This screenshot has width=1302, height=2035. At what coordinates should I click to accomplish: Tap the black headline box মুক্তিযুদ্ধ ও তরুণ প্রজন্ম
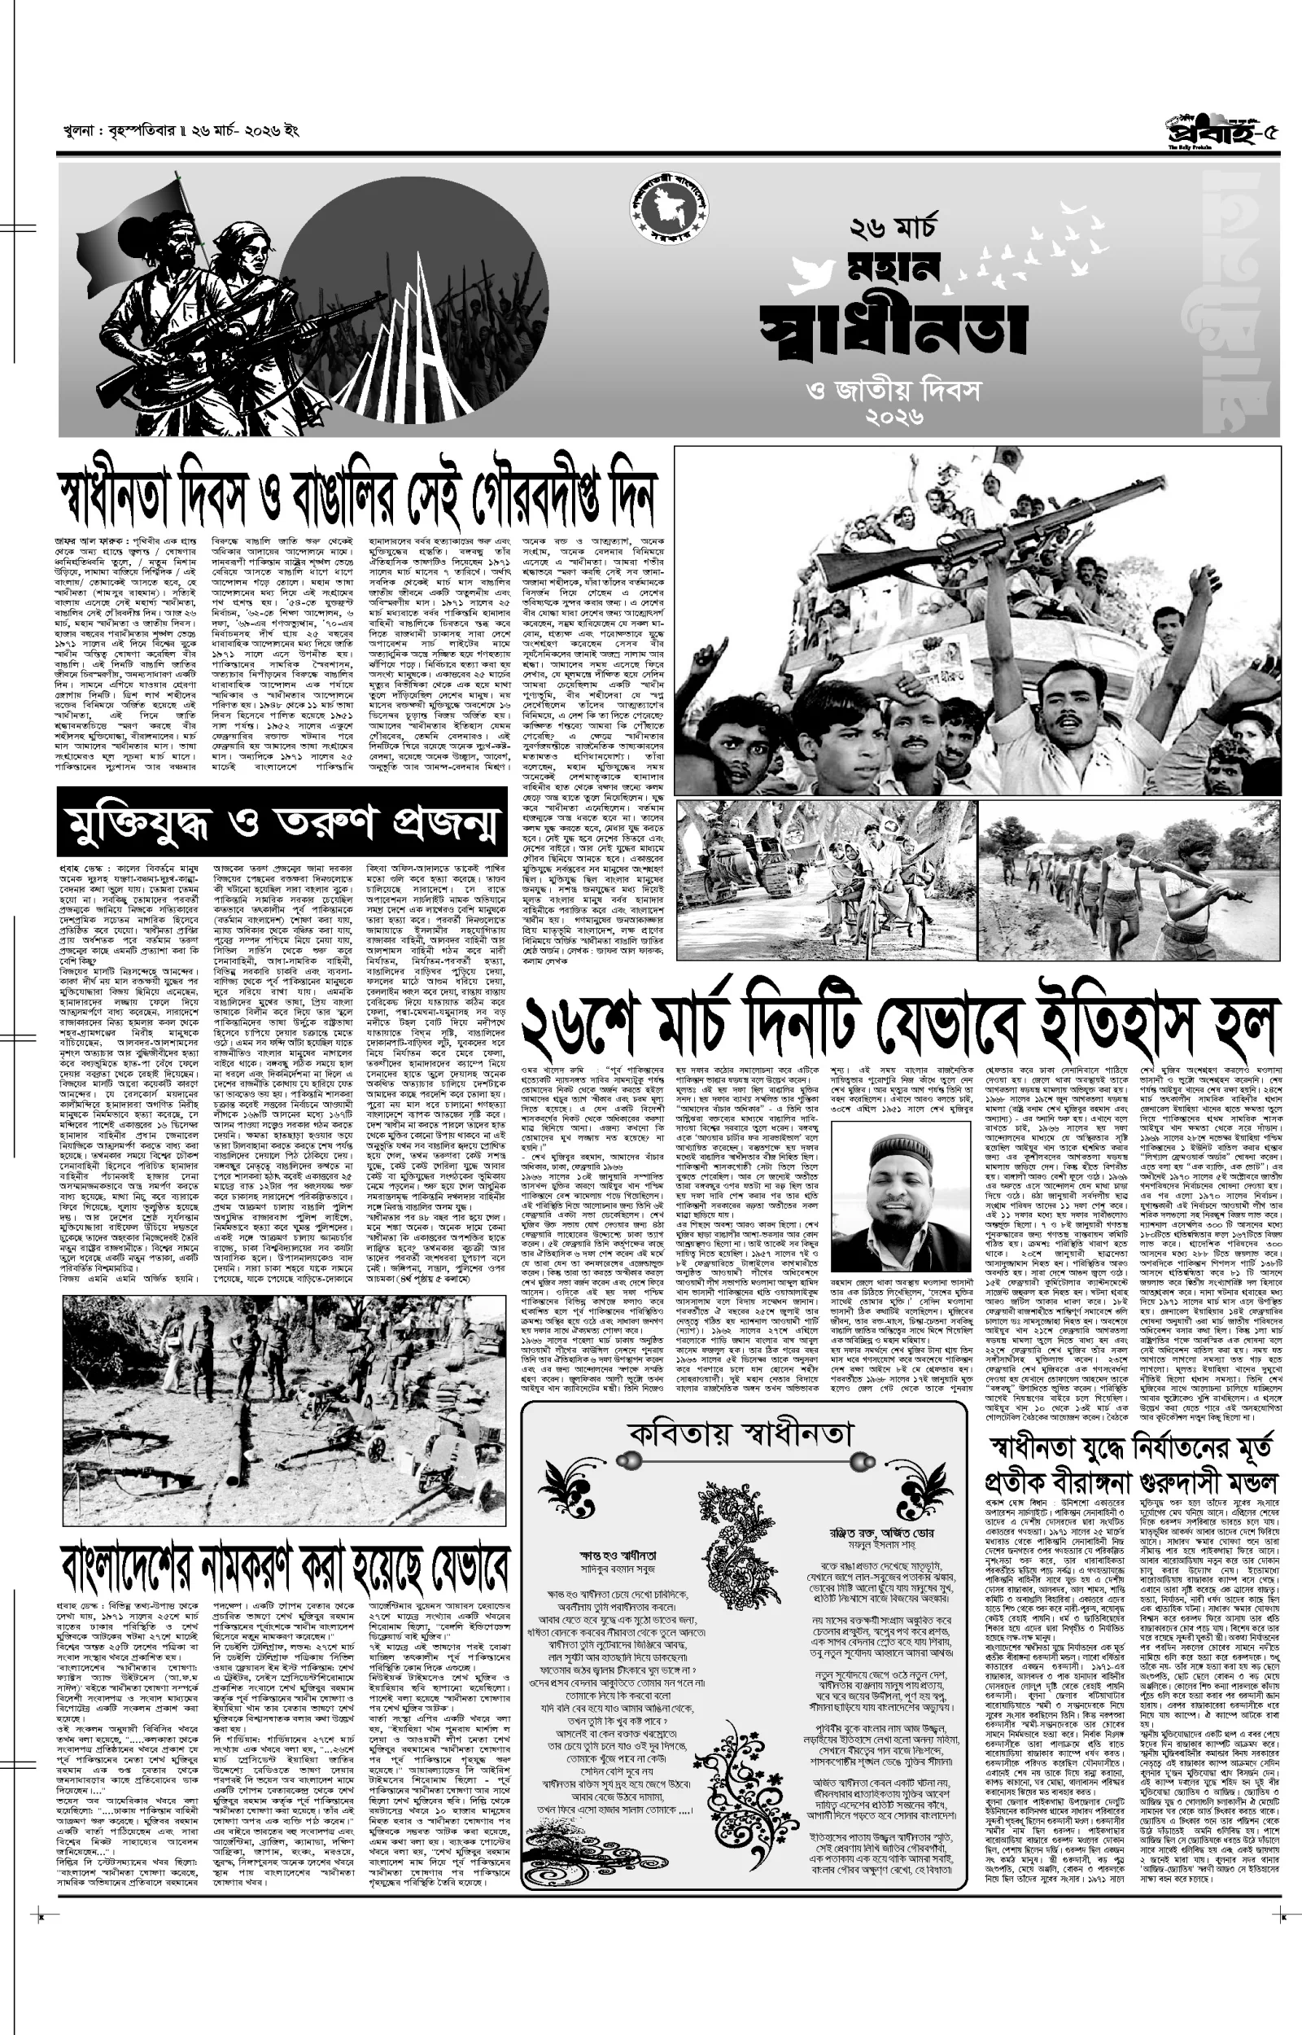click(282, 822)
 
